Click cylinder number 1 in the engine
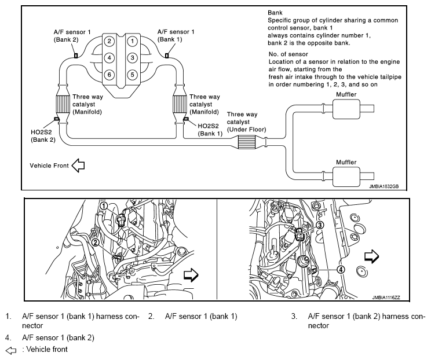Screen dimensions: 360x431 [x=133, y=41]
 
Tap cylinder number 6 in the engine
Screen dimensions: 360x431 [x=109, y=75]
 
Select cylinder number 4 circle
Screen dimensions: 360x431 [x=109, y=58]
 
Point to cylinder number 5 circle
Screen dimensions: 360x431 [x=133, y=75]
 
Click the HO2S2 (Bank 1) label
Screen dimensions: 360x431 [x=210, y=129]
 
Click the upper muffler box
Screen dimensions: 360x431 [x=348, y=108]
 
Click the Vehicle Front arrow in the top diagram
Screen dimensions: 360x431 [x=78, y=166]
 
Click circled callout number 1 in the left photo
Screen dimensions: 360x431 [x=104, y=205]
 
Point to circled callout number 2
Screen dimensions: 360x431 [x=93, y=243]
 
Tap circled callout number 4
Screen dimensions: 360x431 [x=341, y=269]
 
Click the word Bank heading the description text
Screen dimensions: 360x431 [x=275, y=12]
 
